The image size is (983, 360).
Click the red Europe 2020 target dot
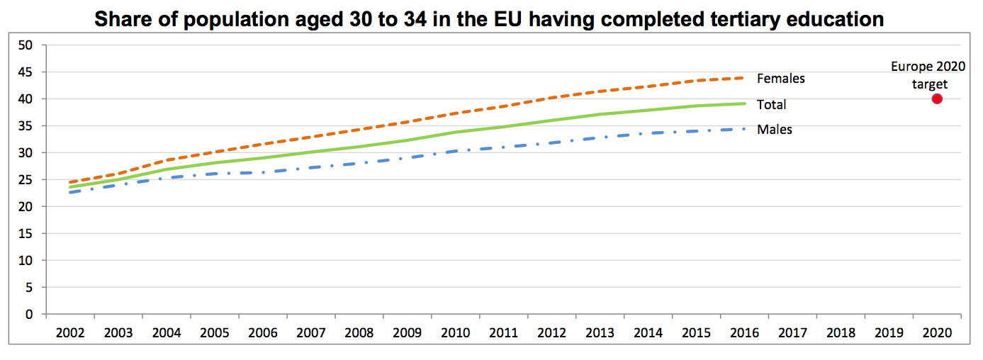(937, 99)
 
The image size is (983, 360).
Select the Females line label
(780, 79)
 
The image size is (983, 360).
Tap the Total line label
(771, 105)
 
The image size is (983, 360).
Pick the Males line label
(774, 130)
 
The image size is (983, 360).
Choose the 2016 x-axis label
(744, 332)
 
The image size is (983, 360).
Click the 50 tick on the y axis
(27, 45)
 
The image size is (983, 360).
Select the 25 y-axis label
(27, 180)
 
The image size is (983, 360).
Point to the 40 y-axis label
(27, 99)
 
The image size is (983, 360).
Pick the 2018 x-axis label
(841, 332)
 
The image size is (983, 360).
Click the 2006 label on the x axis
(262, 332)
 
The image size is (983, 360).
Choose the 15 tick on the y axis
(27, 234)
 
